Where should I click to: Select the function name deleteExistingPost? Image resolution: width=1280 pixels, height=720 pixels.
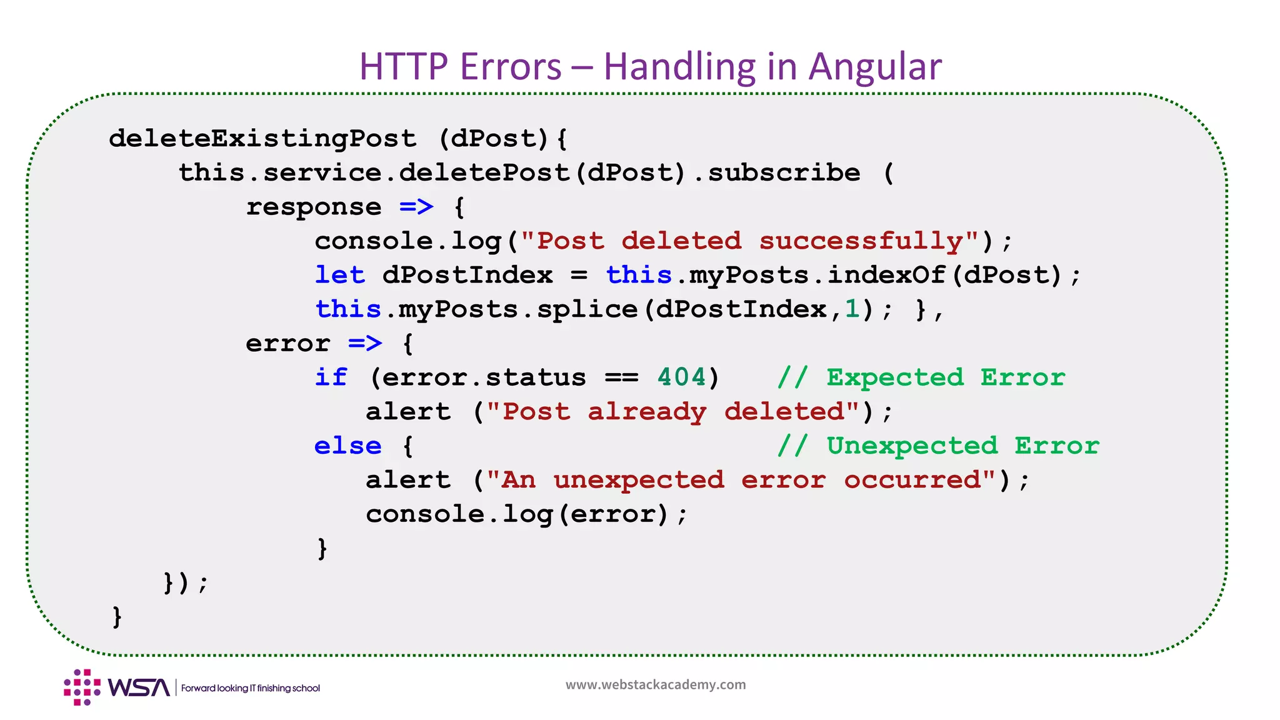pyautogui.click(x=262, y=138)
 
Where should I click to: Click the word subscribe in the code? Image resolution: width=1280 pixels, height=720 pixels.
pyautogui.click(x=784, y=172)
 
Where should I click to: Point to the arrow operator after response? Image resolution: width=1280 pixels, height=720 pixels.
pyautogui.click(x=416, y=206)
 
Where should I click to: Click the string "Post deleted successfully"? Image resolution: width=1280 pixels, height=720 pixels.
pyautogui.click(x=750, y=241)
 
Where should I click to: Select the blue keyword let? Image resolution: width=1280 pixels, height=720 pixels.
pyautogui.click(x=339, y=275)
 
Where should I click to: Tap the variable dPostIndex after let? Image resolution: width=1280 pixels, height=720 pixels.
pyautogui.click(x=467, y=275)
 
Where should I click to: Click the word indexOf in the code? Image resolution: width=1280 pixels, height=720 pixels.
pyautogui.click(x=886, y=275)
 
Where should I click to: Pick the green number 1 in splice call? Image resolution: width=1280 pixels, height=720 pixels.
pyautogui.click(x=852, y=309)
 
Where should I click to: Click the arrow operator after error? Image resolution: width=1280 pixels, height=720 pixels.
pyautogui.click(x=365, y=343)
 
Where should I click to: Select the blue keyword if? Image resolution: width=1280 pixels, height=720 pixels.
pyautogui.click(x=331, y=377)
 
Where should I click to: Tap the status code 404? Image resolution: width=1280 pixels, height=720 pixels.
pyautogui.click(x=681, y=377)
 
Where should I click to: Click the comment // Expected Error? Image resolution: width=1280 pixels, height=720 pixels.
pyautogui.click(x=921, y=377)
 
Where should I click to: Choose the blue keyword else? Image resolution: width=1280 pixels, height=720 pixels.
pyautogui.click(x=347, y=446)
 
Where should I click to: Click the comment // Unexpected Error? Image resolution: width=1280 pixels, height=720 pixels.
pyautogui.click(x=938, y=446)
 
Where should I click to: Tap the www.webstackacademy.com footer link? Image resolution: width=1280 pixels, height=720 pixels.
pyautogui.click(x=656, y=684)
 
